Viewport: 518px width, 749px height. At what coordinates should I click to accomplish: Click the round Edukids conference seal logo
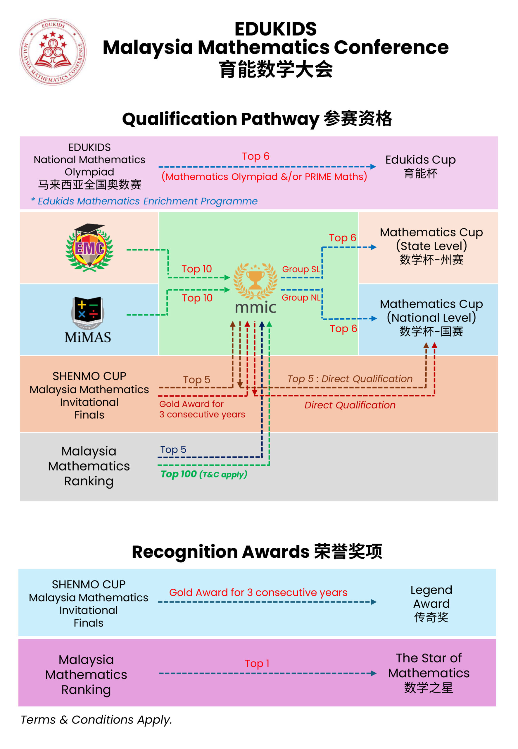53,52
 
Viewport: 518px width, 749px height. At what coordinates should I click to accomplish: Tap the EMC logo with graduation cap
89,248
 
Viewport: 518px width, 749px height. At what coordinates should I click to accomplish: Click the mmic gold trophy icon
255,281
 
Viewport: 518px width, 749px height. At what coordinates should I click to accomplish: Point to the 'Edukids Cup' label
420,166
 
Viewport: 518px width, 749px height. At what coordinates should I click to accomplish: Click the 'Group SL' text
301,269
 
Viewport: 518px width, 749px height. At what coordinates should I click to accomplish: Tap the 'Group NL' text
301,298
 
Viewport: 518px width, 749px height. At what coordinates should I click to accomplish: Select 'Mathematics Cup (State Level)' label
431,246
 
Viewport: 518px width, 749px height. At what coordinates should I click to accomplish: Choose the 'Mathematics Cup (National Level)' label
431,317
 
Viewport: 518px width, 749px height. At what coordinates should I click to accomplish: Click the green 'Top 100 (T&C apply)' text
204,474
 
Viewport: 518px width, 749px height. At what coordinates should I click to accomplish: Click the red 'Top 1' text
257,663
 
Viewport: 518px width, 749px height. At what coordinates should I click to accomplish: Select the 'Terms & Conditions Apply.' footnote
96,719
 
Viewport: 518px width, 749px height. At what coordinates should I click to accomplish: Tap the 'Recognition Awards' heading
221,552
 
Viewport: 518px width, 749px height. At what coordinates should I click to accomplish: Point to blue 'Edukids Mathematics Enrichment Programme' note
144,201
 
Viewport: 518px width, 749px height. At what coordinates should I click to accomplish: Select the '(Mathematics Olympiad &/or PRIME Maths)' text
264,176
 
